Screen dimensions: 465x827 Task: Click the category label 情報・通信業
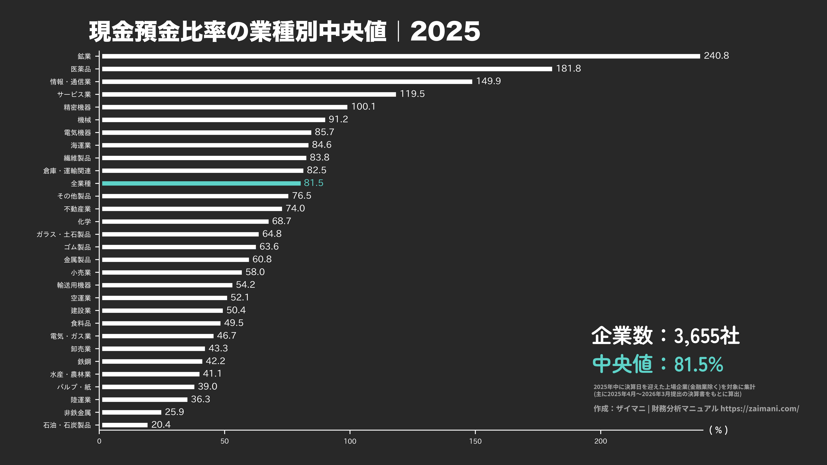[71, 82]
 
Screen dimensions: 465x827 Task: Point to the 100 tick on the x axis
[350, 441]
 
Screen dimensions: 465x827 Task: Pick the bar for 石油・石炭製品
[125, 425]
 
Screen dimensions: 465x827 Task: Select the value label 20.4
[161, 425]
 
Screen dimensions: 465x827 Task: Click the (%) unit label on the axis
[718, 430]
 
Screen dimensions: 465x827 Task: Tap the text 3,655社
[706, 336]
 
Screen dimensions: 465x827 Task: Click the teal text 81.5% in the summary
[698, 364]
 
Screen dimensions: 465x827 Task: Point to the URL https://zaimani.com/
[760, 408]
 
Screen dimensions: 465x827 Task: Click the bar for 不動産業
[192, 209]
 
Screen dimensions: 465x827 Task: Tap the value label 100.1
[363, 106]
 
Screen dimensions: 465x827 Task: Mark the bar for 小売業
[172, 272]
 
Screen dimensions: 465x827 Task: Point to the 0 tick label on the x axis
[99, 441]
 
